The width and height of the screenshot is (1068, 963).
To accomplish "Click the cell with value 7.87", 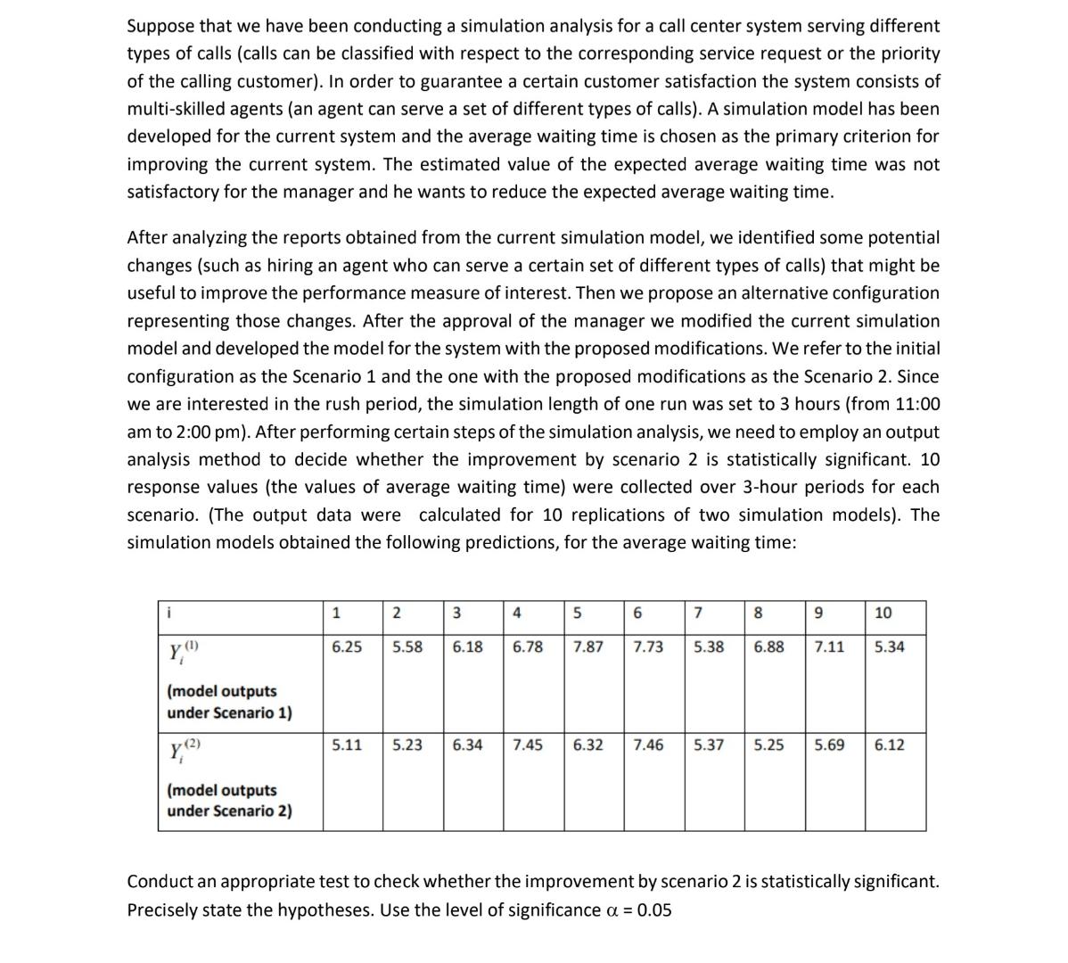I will [587, 646].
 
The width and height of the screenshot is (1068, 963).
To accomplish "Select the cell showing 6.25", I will [346, 646].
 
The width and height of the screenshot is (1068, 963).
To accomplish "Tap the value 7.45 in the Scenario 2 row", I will [528, 745].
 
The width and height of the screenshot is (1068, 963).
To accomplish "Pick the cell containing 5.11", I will [346, 745].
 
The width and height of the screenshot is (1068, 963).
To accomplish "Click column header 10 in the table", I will [883, 613].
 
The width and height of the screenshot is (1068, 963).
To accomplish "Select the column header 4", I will [517, 613].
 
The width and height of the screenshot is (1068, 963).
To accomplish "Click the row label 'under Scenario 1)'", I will [229, 712].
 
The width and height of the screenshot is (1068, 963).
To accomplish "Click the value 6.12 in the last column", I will [889, 745].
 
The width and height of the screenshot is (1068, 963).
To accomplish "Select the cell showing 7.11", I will [829, 646].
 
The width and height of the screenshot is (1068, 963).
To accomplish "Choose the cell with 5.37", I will [709, 745].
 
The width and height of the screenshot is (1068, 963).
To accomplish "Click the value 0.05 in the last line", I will [654, 910].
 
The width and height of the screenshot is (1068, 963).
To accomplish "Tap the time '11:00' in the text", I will [916, 404].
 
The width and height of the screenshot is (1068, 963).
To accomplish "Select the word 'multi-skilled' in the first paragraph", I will [177, 109].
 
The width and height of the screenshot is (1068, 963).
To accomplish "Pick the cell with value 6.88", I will [769, 646].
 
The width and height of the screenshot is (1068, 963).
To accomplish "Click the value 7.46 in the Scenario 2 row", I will [648, 745].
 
